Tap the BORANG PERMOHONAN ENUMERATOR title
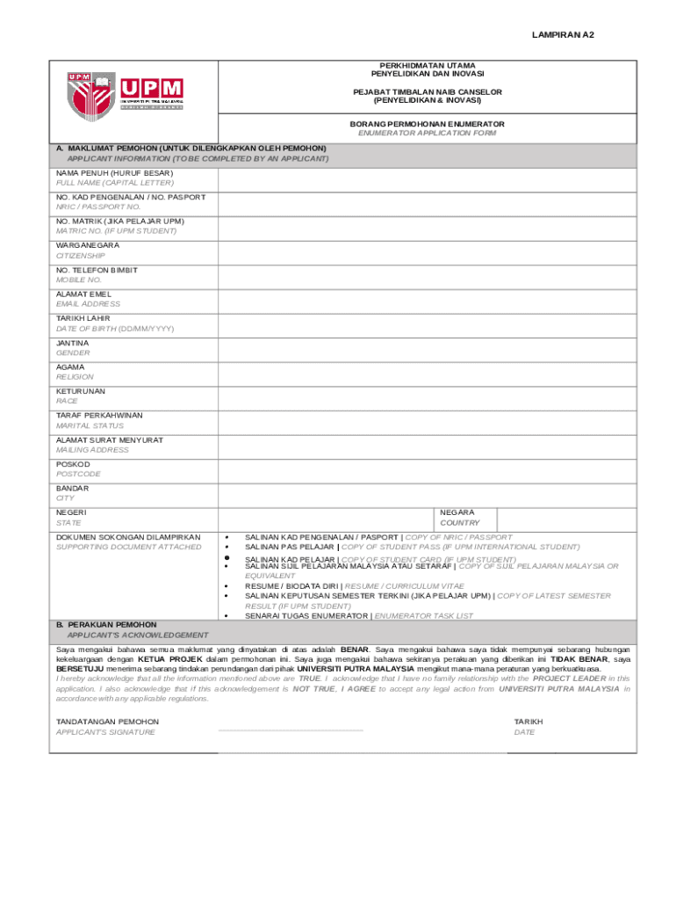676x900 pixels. click(x=421, y=125)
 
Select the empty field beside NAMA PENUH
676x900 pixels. click(x=427, y=178)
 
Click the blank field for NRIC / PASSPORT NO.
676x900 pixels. click(x=427, y=202)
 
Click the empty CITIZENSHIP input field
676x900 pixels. click(x=427, y=250)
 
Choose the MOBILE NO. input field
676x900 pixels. click(x=427, y=275)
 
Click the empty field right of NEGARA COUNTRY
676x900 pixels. click(x=566, y=518)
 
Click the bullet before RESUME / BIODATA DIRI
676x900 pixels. click(x=227, y=585)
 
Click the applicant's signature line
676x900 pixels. click(x=290, y=729)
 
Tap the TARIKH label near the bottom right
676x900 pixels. click(x=529, y=721)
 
